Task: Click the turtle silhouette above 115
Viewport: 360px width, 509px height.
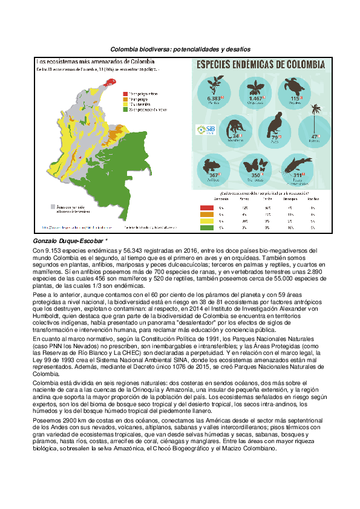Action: point(296,85)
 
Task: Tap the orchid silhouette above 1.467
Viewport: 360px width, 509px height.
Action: point(255,86)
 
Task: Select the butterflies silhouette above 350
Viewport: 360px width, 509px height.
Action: point(254,164)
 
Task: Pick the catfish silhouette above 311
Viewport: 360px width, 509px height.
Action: point(296,163)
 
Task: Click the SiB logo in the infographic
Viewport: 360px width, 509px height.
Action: point(203,129)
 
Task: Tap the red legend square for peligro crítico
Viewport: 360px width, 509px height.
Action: point(125,94)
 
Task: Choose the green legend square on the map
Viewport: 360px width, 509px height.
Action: point(125,109)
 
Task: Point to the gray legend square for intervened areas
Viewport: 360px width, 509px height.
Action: point(53,207)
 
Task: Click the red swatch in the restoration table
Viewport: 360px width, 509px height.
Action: point(207,207)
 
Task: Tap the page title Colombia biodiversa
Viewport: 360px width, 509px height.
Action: point(180,48)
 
